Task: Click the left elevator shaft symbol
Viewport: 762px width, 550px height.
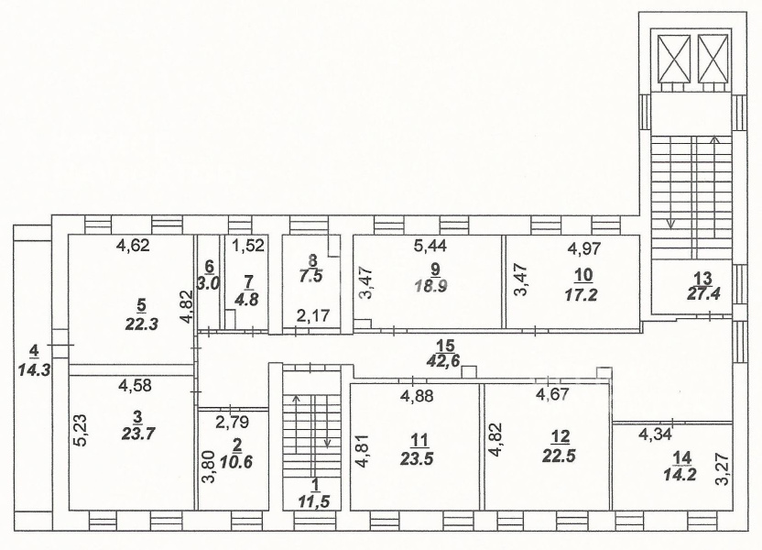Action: pos(674,59)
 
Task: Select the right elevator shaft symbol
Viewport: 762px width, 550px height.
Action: pos(713,59)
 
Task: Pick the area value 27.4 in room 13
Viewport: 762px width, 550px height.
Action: pos(702,293)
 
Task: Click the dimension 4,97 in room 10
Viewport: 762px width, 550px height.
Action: pos(584,248)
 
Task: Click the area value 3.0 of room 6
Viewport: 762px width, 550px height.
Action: pos(209,282)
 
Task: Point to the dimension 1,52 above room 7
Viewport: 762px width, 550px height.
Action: pos(248,245)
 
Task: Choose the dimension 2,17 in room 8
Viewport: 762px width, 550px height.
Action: pos(313,315)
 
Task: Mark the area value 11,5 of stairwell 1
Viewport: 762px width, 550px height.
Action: pos(313,500)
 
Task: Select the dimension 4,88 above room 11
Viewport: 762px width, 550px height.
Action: pos(417,396)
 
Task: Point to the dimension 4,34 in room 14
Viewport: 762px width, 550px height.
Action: pos(654,434)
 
